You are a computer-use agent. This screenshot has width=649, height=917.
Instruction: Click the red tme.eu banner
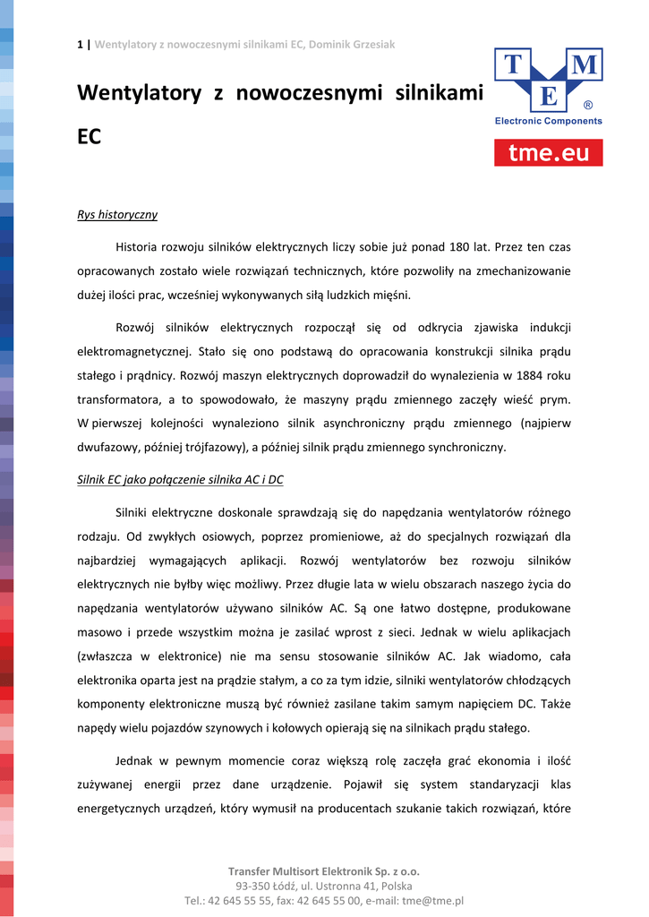pyautogui.click(x=549, y=152)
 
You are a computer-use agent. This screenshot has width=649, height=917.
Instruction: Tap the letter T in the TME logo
pyautogui.click(x=514, y=64)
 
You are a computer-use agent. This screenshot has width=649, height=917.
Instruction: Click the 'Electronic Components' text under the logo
pyautogui.click(x=549, y=121)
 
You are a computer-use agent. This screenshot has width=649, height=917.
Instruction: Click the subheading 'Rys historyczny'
pyautogui.click(x=117, y=215)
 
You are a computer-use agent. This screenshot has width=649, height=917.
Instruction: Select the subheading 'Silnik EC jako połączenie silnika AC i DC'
pyautogui.click(x=180, y=479)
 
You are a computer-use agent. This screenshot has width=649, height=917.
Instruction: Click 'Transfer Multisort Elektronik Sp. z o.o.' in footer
pyautogui.click(x=324, y=870)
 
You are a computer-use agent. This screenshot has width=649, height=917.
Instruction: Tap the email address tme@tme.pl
pyautogui.click(x=433, y=900)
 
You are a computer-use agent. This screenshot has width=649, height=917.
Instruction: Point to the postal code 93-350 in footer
pyautogui.click(x=254, y=886)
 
